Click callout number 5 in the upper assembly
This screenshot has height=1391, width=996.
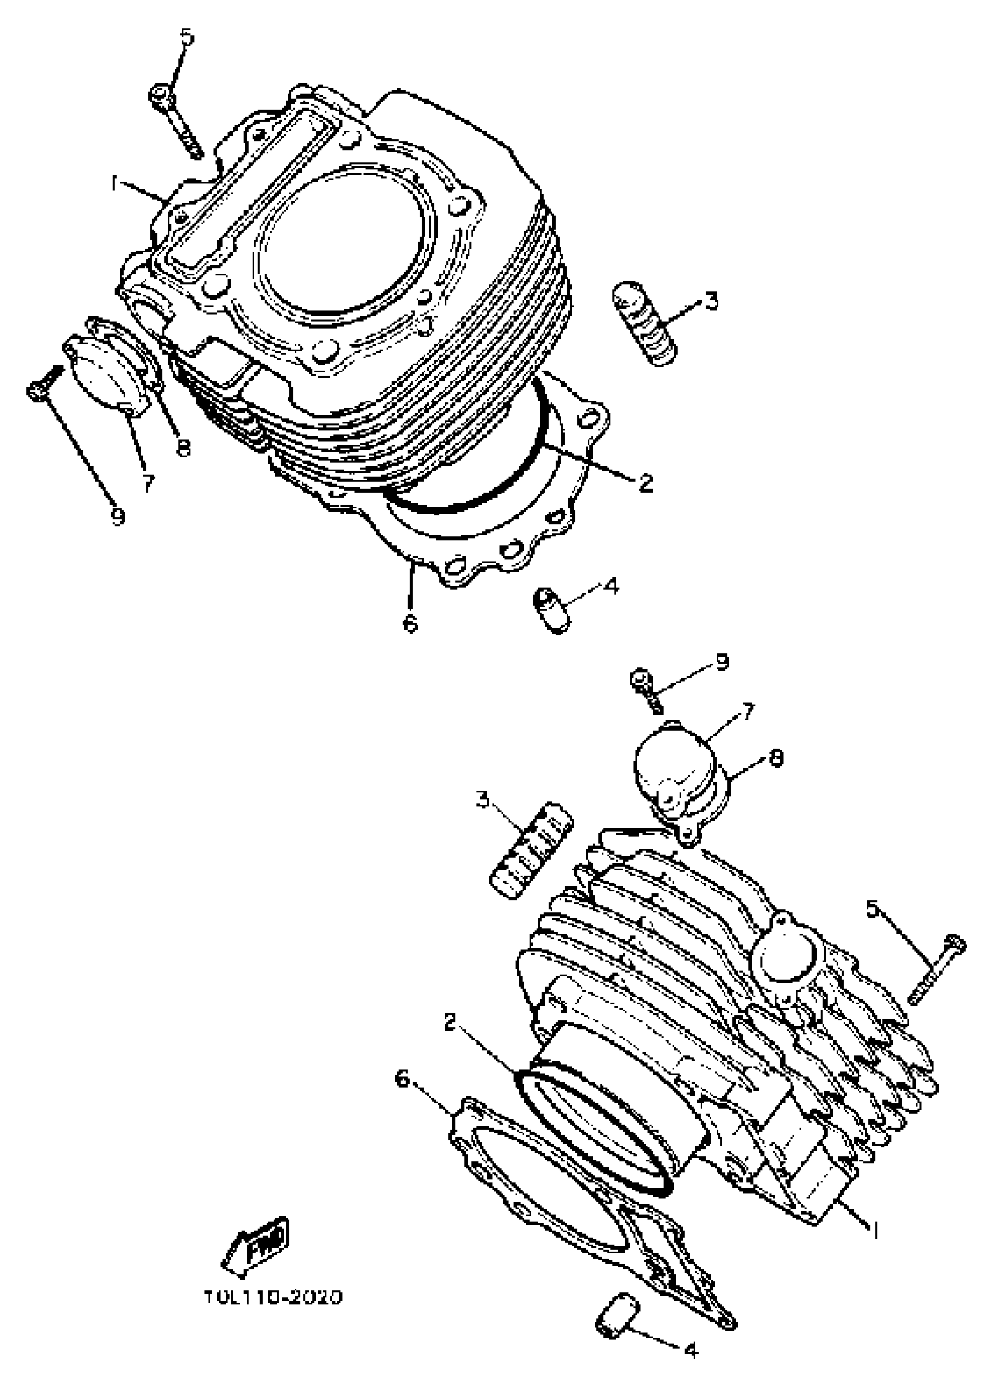click(x=186, y=38)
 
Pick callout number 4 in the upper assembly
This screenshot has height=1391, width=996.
click(x=611, y=586)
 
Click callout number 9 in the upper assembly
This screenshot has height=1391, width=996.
click(x=118, y=517)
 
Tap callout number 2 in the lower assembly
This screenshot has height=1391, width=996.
click(x=451, y=1022)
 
